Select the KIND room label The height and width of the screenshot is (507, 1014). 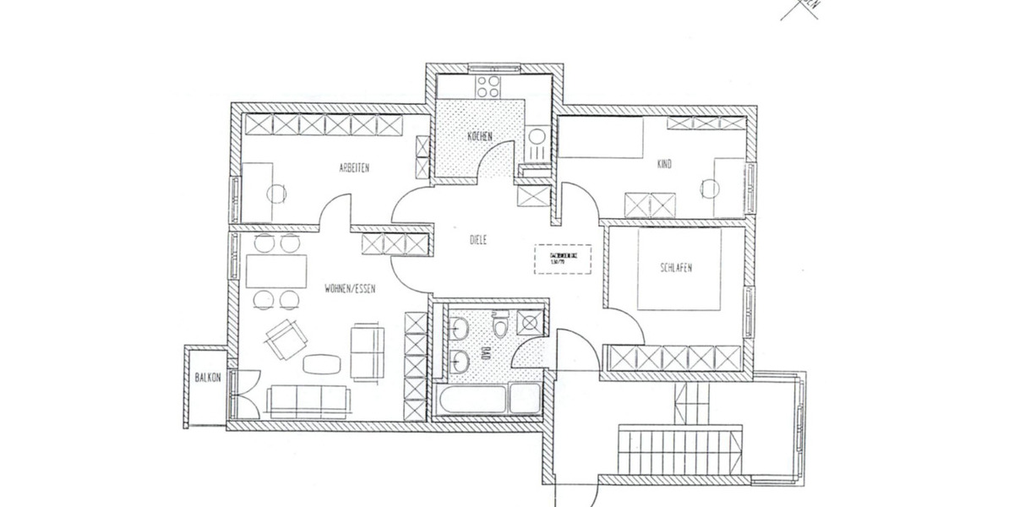[664, 164]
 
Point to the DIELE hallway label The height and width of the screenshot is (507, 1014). [480, 240]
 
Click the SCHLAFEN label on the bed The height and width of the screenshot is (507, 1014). [676, 268]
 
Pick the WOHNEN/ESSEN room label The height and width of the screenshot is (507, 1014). [350, 288]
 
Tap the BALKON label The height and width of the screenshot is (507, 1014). [207, 378]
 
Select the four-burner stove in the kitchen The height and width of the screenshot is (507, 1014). [488, 86]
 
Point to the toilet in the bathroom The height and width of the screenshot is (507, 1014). [500, 325]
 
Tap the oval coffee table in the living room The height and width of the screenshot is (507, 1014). [322, 364]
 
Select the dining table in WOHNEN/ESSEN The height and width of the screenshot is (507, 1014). [278, 271]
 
